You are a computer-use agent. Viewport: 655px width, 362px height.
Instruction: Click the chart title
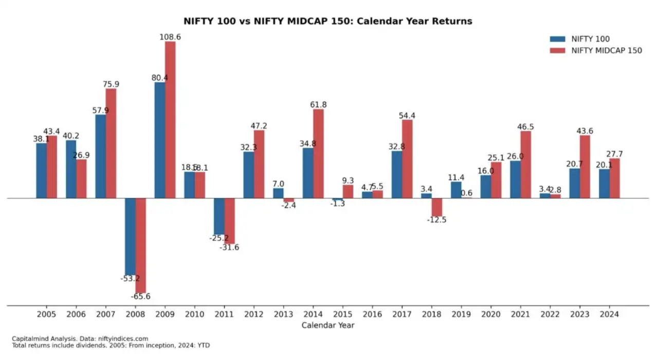[x=327, y=21]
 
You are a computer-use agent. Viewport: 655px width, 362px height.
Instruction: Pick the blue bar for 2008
[x=130, y=237]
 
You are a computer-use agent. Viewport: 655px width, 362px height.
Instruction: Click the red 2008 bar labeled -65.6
[x=141, y=245]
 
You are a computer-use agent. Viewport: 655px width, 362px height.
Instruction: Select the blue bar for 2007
[x=100, y=156]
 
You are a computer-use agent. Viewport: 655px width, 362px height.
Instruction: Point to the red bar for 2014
[x=318, y=154]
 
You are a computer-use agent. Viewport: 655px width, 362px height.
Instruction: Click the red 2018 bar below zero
[x=436, y=207]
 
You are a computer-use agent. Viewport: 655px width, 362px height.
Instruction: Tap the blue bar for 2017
[x=396, y=174]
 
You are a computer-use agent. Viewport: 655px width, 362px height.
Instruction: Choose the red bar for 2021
[x=525, y=165]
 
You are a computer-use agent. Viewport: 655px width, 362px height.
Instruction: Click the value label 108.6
[x=170, y=37]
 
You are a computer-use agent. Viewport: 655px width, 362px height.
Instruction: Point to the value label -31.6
[x=229, y=247]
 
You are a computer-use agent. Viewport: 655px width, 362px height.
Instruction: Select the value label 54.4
[x=407, y=116]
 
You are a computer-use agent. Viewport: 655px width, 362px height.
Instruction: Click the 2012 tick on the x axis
[x=253, y=314]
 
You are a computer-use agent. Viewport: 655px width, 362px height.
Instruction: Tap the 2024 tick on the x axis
[x=609, y=314]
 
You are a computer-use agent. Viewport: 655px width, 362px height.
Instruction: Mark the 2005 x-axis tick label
[x=46, y=314]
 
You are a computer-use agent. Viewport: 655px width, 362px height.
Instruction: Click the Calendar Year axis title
[x=327, y=325]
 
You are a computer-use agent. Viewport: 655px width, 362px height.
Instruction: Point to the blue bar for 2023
[x=574, y=183]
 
